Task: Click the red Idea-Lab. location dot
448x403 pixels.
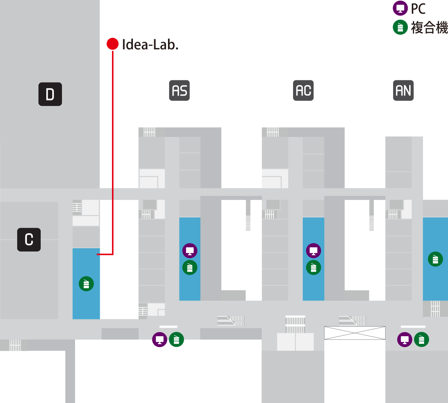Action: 112,44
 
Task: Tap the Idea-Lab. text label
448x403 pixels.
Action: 150,45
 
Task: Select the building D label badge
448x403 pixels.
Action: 50,94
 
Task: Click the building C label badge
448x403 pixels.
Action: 29,240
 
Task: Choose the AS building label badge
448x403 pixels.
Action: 180,91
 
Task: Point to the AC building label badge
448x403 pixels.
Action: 303,91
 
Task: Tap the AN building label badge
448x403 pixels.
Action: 403,91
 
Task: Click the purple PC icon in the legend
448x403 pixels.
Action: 400,8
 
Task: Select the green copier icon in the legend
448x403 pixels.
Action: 400,27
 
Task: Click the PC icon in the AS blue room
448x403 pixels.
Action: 190,251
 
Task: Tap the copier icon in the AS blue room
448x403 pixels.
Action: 190,268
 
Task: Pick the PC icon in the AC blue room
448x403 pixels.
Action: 313,251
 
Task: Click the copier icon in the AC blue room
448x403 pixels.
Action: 313,268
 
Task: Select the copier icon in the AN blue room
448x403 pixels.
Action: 435,259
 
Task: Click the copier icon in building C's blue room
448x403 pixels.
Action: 86,284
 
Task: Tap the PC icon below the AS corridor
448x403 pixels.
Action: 159,340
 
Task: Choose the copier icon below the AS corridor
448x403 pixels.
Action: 176,340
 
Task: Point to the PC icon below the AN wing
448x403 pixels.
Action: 405,340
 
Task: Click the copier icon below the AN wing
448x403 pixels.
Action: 421,340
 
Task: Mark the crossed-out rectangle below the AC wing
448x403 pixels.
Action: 354,333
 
